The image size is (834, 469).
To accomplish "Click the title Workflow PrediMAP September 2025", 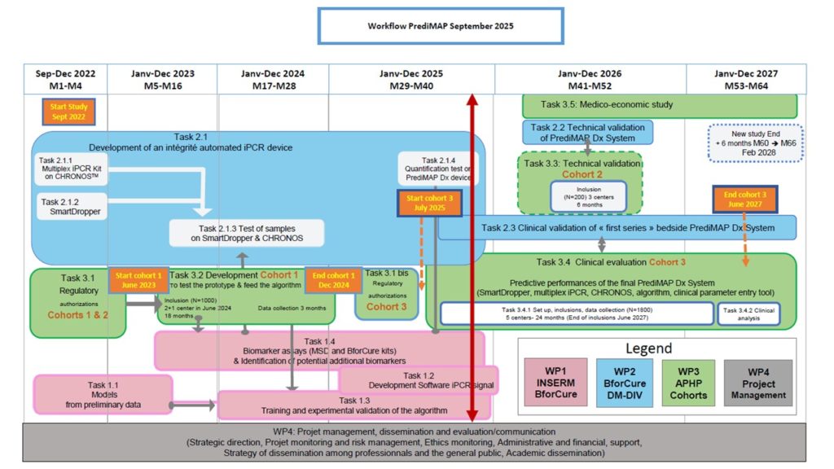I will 440,26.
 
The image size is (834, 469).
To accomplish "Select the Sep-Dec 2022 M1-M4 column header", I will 66,79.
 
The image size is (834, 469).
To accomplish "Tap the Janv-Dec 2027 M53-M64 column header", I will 745,79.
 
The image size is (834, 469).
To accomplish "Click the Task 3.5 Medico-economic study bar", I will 659,104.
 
